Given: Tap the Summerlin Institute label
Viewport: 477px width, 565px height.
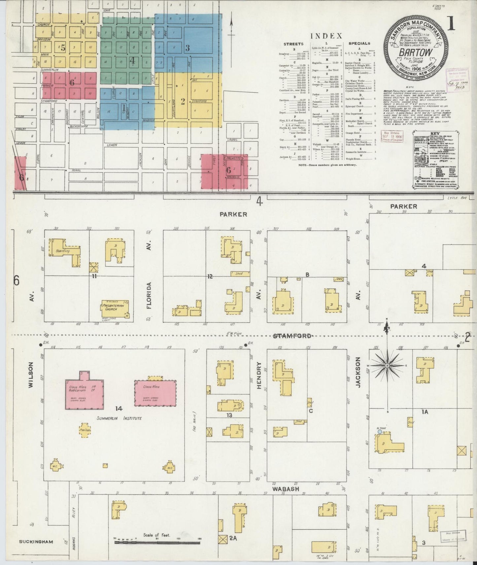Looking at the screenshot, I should coord(119,418).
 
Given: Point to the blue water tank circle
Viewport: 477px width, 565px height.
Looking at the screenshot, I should coord(380,431).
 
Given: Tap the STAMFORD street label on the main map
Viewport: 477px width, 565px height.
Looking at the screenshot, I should coord(292,336).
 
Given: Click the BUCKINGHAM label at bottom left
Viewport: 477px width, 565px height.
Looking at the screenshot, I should coord(36,542).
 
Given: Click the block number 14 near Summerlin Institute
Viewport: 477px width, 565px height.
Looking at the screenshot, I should coord(119,409).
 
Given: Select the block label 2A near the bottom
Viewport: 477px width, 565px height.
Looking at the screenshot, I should coord(233,538).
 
